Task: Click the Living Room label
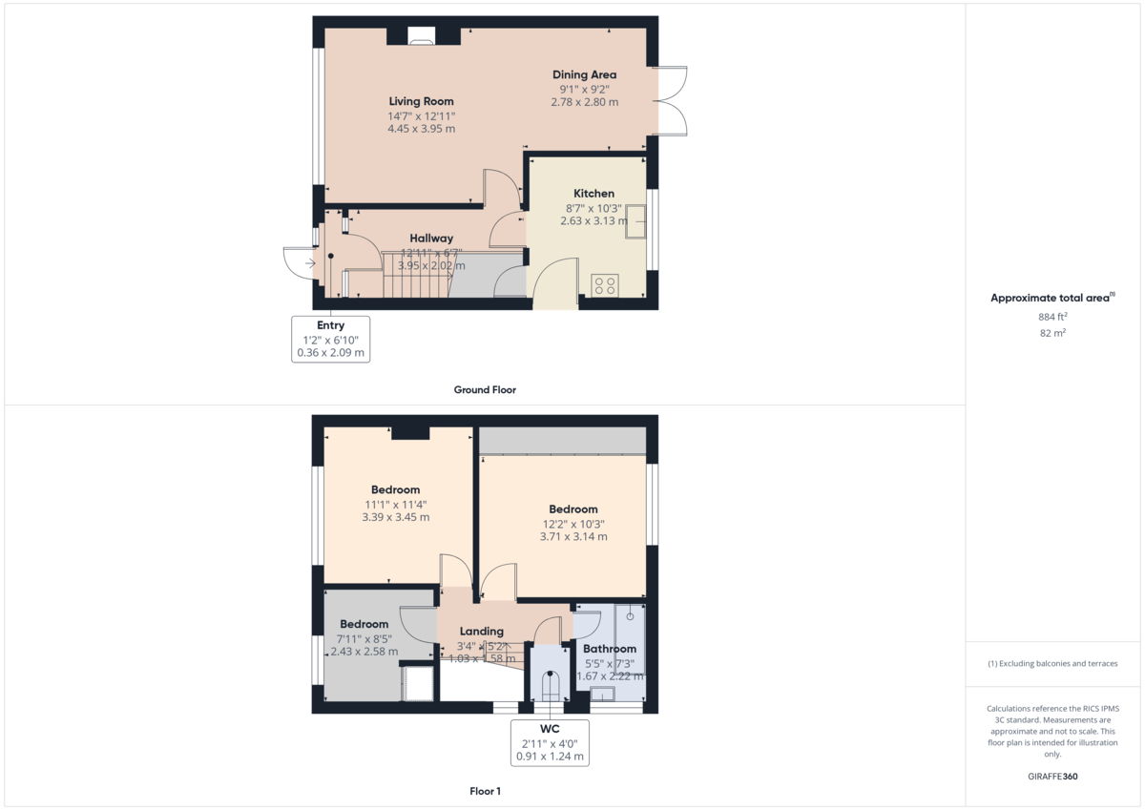(x=421, y=101)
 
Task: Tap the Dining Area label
(x=584, y=74)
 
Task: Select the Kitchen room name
(x=593, y=194)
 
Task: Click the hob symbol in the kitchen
(x=605, y=285)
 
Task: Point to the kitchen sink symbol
(x=636, y=225)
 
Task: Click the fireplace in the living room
(x=421, y=36)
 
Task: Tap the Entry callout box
(x=330, y=340)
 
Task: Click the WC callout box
(x=550, y=743)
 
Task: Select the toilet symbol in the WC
(x=550, y=687)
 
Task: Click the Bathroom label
(x=610, y=650)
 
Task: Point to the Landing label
(x=482, y=632)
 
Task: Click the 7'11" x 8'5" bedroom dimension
(x=364, y=638)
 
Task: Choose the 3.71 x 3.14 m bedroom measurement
(x=573, y=536)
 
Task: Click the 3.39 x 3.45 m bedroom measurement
(x=395, y=517)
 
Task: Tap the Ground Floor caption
(x=485, y=390)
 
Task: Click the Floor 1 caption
(x=485, y=791)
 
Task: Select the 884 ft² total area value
(x=1052, y=317)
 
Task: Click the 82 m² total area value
(x=1052, y=333)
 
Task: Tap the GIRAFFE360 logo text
(x=1052, y=777)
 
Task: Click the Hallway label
(x=431, y=239)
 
